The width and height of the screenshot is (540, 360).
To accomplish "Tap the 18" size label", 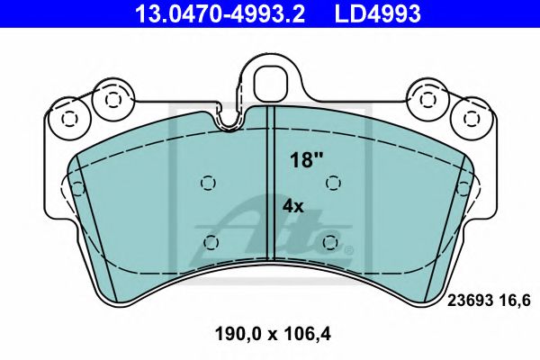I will coord(306,161).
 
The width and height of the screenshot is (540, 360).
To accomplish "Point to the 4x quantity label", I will coord(294,205).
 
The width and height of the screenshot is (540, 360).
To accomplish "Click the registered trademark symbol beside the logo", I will coord(349,249).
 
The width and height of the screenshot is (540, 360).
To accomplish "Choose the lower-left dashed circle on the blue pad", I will coord(210,242).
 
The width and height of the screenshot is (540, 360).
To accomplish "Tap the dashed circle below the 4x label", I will coord(331,242).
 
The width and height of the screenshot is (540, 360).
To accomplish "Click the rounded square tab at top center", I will coord(270,84).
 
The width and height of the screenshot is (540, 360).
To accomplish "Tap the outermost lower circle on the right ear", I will coord(471,117).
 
